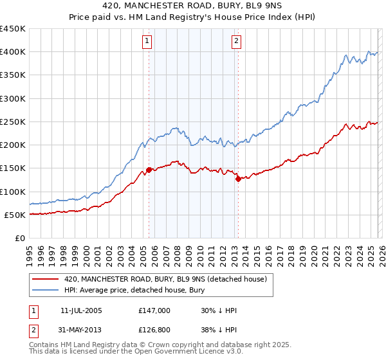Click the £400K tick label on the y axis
13,52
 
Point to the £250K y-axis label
13,122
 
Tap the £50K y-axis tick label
15,215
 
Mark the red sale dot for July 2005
149,170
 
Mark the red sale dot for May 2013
238,179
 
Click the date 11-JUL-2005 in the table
81,310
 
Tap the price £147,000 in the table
154,310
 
